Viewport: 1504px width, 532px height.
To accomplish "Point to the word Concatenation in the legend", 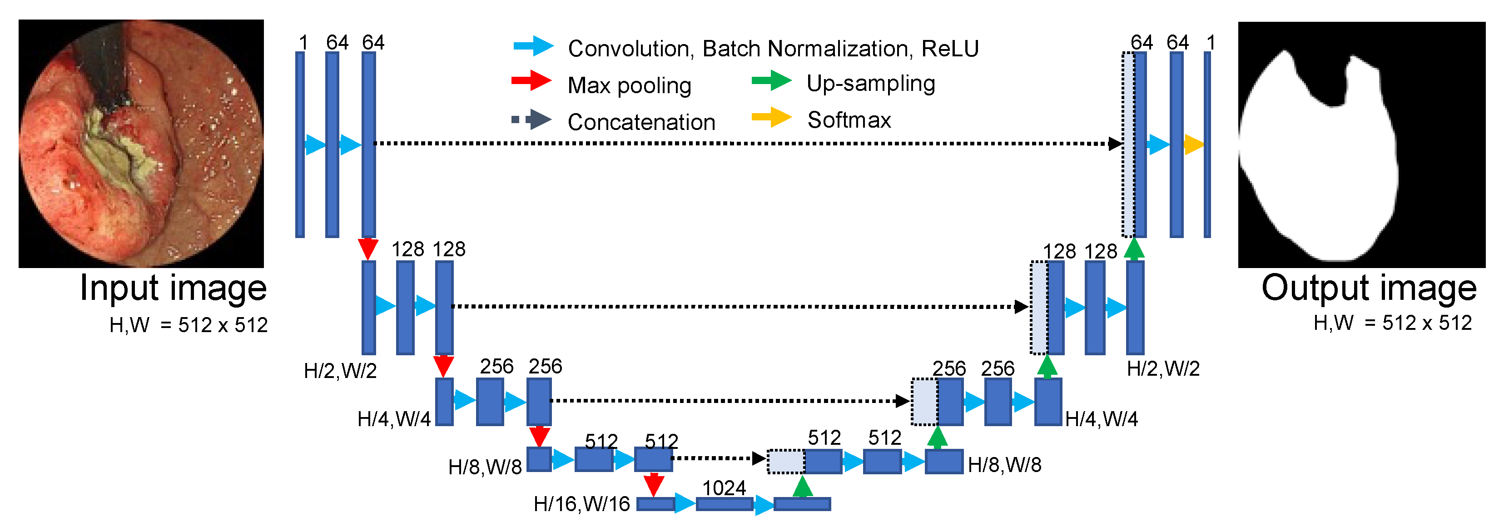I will [x=641, y=122].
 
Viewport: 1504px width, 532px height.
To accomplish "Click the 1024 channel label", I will [x=724, y=487].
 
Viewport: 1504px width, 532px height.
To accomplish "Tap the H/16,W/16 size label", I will [x=581, y=503].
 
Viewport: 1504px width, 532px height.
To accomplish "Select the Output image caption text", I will [x=1369, y=288].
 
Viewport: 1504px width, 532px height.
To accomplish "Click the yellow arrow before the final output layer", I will [x=1193, y=144].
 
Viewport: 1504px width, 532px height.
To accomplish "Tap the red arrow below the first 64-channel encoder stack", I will [x=368, y=248].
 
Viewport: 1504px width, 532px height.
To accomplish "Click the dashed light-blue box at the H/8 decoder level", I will [x=786, y=461].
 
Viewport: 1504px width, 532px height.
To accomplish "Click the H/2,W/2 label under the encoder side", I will [x=340, y=371].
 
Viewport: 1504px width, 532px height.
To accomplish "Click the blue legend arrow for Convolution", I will [x=533, y=46].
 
